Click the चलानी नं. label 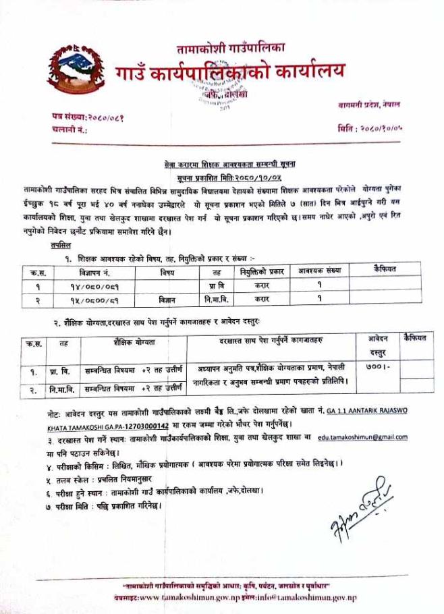[x=70, y=128]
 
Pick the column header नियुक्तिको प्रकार [x=261, y=271]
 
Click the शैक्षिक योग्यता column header [x=135, y=342]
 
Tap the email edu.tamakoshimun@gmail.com [x=362, y=437]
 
